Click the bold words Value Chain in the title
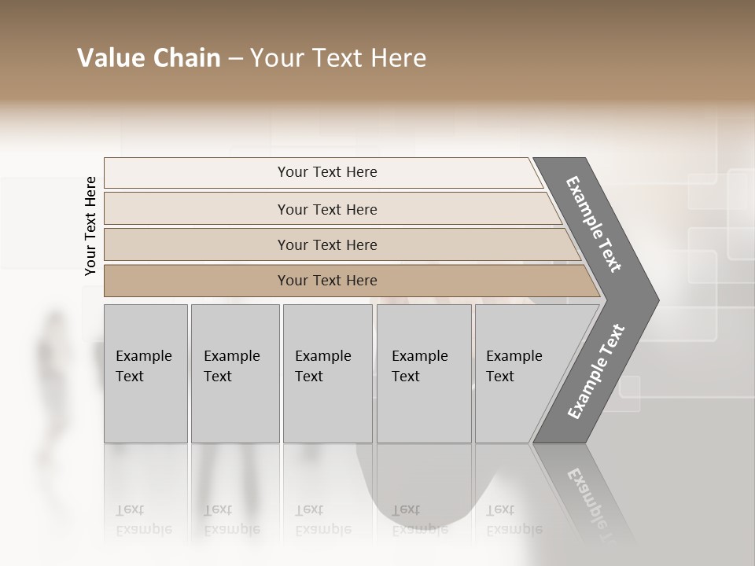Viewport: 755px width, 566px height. click(149, 58)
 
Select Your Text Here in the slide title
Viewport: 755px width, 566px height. click(338, 58)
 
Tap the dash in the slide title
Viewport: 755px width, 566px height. click(235, 59)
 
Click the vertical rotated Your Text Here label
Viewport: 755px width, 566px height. click(90, 226)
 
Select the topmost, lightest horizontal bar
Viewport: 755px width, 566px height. click(327, 172)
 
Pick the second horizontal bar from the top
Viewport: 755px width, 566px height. click(327, 209)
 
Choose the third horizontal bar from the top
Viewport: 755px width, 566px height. click(327, 244)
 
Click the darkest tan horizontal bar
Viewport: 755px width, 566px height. click(327, 281)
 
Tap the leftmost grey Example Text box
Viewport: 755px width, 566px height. click(145, 373)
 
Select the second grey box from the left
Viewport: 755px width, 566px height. click(234, 373)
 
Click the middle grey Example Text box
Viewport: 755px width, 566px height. click(327, 373)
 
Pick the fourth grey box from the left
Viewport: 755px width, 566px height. click(424, 373)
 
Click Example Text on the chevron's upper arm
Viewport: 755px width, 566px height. click(594, 224)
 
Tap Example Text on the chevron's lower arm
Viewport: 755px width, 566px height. click(596, 371)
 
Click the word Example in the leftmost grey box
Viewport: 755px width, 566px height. click(143, 356)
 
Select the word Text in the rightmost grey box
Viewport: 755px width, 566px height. click(500, 377)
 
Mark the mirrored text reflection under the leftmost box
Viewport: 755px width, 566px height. click(143, 520)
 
